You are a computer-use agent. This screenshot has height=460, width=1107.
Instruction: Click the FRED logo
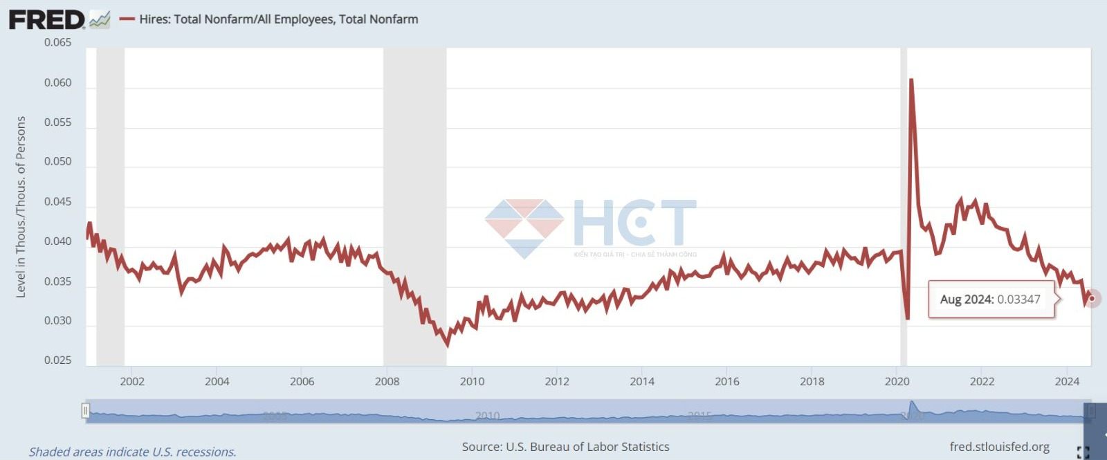[47, 19]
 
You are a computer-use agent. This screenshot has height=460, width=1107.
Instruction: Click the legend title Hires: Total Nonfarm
[278, 19]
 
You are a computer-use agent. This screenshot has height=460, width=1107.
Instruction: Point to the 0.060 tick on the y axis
[58, 83]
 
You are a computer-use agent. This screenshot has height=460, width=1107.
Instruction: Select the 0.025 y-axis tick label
[58, 360]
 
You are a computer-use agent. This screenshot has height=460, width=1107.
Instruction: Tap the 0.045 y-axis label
[58, 202]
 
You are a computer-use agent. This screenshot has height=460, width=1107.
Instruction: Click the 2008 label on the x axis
[387, 381]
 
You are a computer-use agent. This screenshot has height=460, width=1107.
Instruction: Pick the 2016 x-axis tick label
[726, 381]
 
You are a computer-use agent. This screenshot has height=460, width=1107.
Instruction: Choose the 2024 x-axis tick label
[1067, 381]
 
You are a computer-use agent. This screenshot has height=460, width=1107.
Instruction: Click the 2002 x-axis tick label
[132, 381]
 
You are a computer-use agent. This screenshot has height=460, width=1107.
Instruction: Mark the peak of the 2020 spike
[911, 80]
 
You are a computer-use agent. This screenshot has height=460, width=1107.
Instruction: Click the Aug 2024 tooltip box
[990, 300]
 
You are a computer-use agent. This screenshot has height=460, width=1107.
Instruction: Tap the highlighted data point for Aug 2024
[1092, 299]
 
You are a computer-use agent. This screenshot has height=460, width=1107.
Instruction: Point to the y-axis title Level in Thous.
[21, 207]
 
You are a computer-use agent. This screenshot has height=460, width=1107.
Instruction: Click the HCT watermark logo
[592, 225]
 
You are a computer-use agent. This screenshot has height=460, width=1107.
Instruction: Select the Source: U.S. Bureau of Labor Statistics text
[565, 447]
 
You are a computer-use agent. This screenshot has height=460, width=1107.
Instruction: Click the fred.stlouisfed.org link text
[999, 447]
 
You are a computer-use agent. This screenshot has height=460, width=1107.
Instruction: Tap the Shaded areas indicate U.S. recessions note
[132, 452]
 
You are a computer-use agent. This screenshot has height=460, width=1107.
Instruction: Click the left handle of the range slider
[85, 412]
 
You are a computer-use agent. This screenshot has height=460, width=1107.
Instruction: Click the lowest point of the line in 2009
[447, 344]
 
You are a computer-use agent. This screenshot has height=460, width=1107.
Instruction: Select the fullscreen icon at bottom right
[1083, 452]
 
